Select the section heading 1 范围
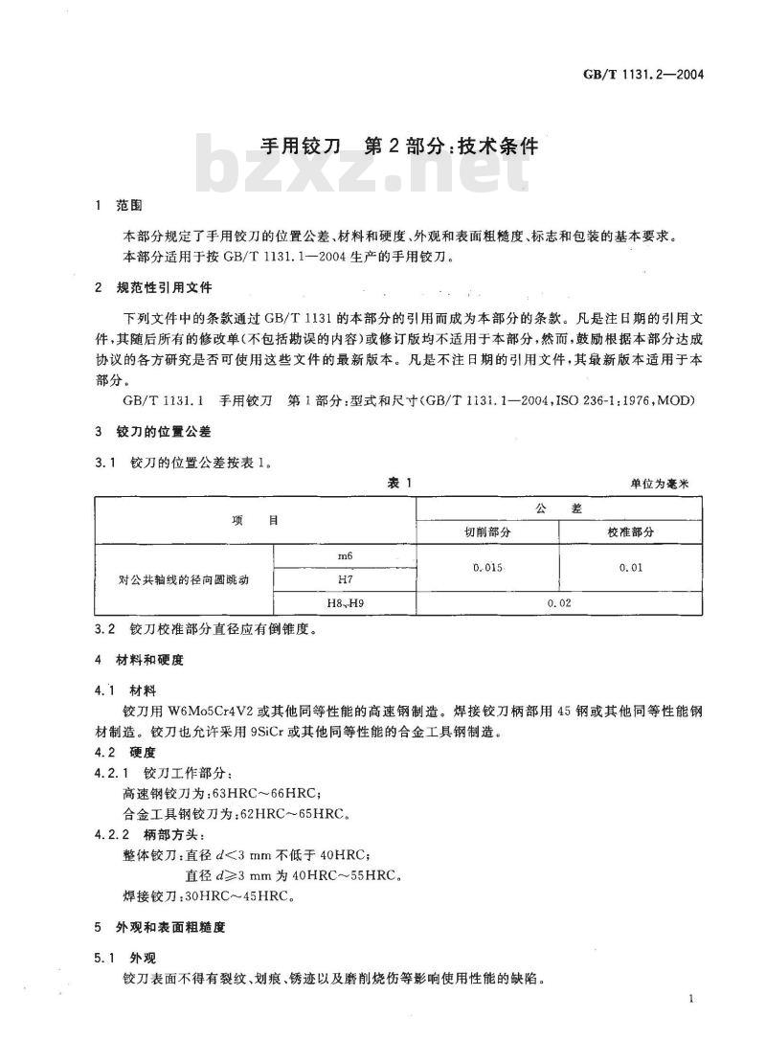pos(119,205)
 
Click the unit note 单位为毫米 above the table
pos(665,485)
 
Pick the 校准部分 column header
pos(630,531)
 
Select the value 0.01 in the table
pos(630,568)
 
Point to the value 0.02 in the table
pos(558,603)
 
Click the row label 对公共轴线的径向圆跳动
pos(184,579)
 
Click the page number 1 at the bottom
pos(690,1000)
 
